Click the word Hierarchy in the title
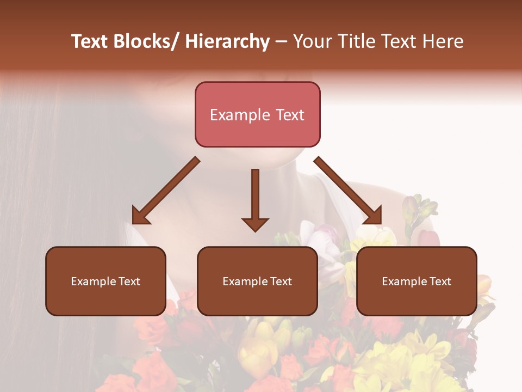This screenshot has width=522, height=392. pyautogui.click(x=227, y=41)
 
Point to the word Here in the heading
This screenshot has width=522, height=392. pyautogui.click(x=444, y=41)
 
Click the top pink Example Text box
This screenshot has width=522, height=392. pyautogui.click(x=257, y=114)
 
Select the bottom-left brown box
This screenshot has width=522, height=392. pyautogui.click(x=105, y=281)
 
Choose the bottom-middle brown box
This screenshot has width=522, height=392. pyautogui.click(x=257, y=281)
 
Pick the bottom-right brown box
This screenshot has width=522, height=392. pyautogui.click(x=417, y=281)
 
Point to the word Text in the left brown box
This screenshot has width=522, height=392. pyautogui.click(x=129, y=281)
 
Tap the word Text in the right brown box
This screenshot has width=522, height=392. pyautogui.click(x=440, y=281)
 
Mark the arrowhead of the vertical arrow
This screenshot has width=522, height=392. pyautogui.click(x=255, y=223)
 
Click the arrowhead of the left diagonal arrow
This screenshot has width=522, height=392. pyautogui.click(x=140, y=215)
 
